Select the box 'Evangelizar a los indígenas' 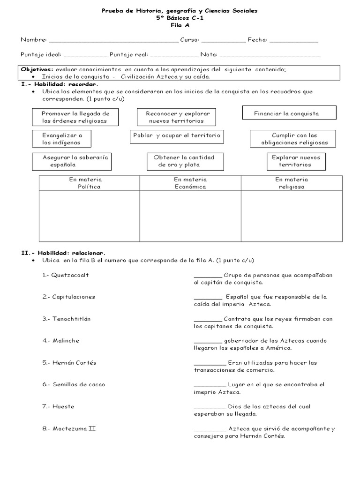(61, 139)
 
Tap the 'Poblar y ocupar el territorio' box (176, 135)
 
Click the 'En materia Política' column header (89, 183)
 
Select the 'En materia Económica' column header (190, 183)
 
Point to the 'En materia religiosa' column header (292, 183)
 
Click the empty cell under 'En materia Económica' (190, 216)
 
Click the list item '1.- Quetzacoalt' (65, 275)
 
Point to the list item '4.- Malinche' (60, 341)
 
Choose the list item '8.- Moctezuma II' (69, 428)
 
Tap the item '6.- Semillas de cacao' (74, 384)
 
